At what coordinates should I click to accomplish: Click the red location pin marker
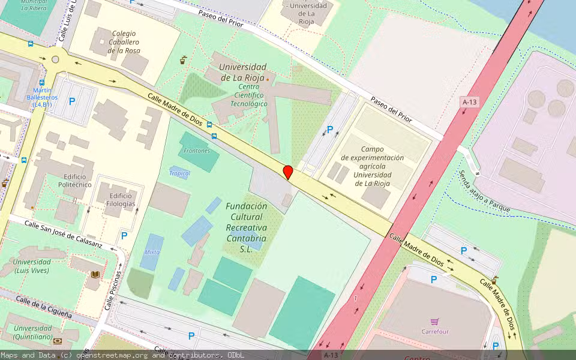pos(288,172)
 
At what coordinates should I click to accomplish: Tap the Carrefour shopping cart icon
pos(434,322)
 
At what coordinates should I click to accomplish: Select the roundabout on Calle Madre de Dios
pos(56,59)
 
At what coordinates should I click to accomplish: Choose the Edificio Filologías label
pos(121,200)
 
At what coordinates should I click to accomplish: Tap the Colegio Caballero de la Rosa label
pos(124,42)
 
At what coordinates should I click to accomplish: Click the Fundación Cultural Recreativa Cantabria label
pos(246,227)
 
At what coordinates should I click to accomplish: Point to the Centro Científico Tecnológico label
pos(249,95)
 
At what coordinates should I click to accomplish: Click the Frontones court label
pos(197,151)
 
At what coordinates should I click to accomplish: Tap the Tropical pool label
pos(179,173)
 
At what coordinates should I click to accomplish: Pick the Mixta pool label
pos(152,252)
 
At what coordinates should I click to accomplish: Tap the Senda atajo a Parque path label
pos(484,191)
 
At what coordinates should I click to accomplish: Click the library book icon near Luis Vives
pos(95,275)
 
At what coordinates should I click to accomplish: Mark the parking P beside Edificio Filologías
pos(124,236)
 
